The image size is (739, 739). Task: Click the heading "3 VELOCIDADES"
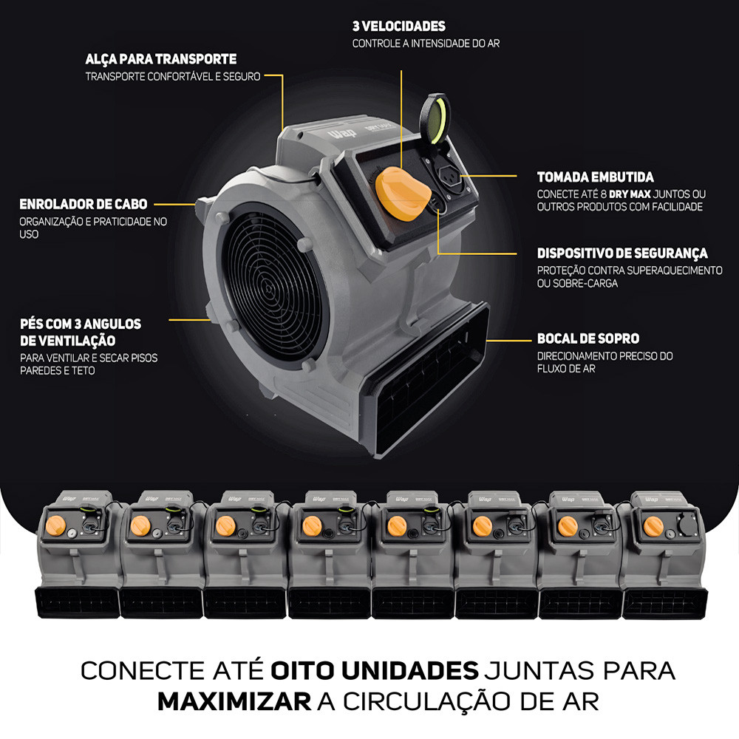[399, 26]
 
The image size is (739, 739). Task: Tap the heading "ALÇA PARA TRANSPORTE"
[160, 59]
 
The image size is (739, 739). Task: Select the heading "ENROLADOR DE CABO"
[84, 204]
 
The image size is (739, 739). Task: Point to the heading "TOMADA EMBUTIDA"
[595, 177]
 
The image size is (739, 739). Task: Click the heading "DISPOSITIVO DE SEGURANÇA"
[622, 253]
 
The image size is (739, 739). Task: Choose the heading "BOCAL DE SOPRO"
[588, 338]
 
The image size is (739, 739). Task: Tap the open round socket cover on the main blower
[435, 118]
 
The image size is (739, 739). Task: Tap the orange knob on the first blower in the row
[55, 525]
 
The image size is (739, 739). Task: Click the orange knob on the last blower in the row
[653, 526]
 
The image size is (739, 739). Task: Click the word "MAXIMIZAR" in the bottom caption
[234, 702]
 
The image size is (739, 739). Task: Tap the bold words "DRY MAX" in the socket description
[630, 194]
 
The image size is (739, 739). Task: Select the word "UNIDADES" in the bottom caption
[409, 671]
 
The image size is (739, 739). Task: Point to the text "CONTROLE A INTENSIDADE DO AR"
[426, 44]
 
